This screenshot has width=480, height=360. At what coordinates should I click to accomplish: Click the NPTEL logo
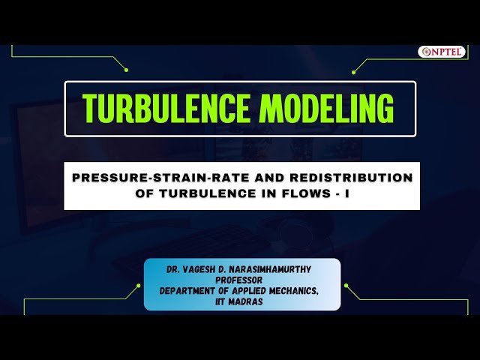tap(442, 52)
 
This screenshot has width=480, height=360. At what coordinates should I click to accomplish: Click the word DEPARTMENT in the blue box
tap(192, 289)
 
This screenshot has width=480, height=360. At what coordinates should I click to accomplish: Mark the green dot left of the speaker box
tap(138, 286)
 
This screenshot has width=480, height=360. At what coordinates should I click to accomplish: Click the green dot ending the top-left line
tap(126, 70)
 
